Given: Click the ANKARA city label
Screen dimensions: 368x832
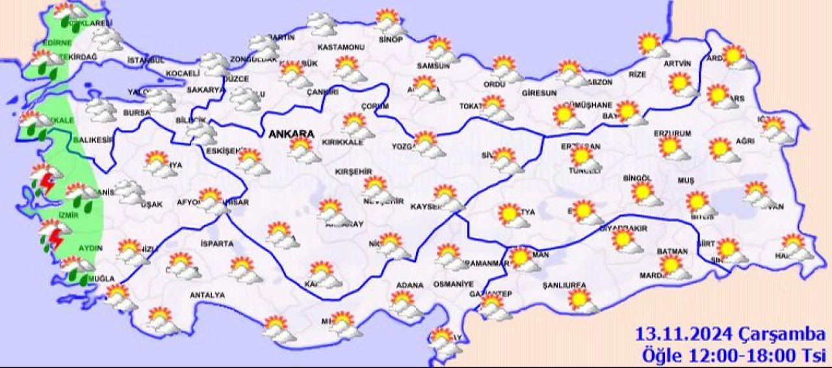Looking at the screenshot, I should tap(291, 134).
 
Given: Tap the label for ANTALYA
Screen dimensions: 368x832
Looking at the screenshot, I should tap(207, 295).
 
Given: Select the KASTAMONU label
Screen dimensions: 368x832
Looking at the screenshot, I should tap(340, 47).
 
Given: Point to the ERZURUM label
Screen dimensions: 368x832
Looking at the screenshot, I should tap(673, 133).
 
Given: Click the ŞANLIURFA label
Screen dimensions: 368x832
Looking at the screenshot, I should tap(564, 285).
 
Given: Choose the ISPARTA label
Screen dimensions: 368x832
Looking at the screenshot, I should tap(213, 244).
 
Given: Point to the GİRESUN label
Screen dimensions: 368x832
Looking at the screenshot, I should tap(538, 93).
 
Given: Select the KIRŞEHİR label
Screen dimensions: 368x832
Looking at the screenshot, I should tap(353, 172).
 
